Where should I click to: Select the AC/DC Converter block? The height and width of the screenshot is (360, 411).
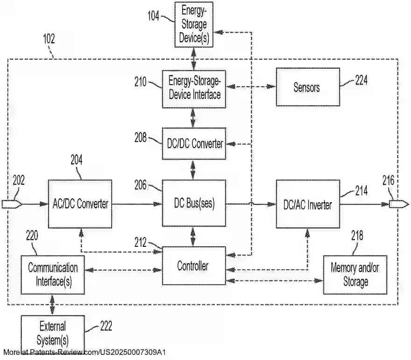[x=80, y=204]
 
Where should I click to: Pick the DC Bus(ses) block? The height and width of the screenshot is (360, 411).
[x=194, y=204]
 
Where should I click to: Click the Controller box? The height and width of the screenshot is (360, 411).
[x=193, y=266]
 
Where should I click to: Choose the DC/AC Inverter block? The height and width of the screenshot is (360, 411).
[x=307, y=204]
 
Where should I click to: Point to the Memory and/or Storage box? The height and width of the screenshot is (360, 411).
[x=355, y=275]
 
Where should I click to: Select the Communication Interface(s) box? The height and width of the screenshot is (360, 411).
[x=52, y=275]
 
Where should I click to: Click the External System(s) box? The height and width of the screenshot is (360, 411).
[x=52, y=333]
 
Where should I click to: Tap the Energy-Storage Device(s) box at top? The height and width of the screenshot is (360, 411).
[x=194, y=24]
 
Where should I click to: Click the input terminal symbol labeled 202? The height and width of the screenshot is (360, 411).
[x=10, y=204]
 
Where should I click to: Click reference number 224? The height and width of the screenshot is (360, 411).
[x=361, y=80]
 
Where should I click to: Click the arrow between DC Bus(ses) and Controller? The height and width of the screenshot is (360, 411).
[x=193, y=237]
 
